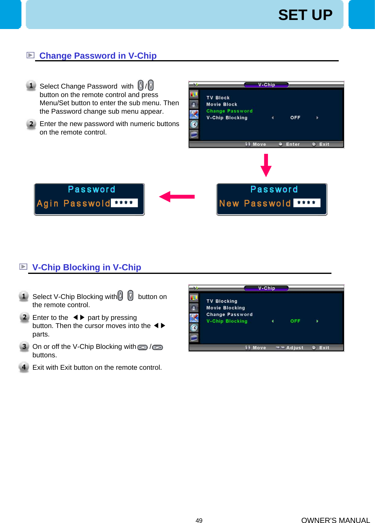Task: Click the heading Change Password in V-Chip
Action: pos(98,56)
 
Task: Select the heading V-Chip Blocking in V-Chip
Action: pos(86,267)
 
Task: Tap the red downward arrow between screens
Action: pos(266,165)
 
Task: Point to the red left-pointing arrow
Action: pos(177,197)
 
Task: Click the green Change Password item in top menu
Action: pos(229,111)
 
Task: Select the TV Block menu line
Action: pos(218,98)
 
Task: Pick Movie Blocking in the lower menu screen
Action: pos(225,308)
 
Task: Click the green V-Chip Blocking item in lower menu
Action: pos(227,321)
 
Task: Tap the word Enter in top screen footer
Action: pos(292,144)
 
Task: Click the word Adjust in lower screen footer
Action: pos(295,348)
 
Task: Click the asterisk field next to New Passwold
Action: pos(306,203)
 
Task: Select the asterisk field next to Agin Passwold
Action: pos(124,203)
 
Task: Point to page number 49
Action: pos(199,520)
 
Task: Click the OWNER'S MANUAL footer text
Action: pos(335,520)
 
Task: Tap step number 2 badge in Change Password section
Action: pos(31,124)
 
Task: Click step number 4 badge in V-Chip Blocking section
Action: pos(24,367)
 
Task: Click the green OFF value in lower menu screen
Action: pos(295,321)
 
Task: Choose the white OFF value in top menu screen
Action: pos(295,118)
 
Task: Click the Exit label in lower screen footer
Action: pos(324,348)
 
